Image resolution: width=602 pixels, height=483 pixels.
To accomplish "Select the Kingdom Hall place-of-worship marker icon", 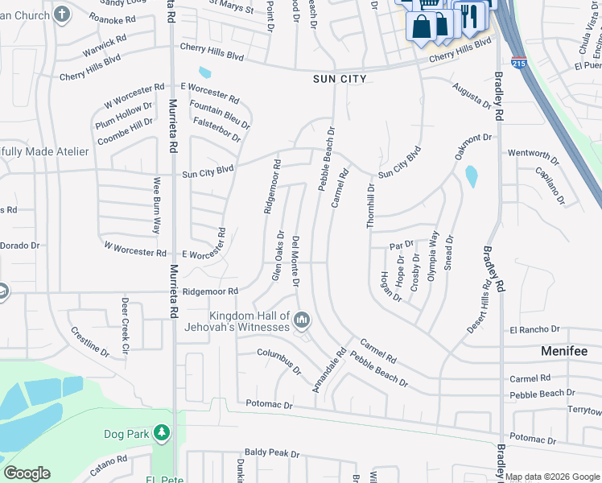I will click(302, 320).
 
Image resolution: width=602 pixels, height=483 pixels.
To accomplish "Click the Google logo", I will click(27, 473).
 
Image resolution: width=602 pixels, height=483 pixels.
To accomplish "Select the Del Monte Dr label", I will click(296, 262).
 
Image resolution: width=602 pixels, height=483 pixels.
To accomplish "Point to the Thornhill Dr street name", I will click(371, 206).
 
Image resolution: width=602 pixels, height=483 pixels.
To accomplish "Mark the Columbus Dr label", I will click(279, 361).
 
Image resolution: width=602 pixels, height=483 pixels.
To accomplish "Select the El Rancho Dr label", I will click(534, 329).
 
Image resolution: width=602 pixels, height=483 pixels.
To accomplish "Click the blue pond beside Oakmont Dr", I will click(471, 175).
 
